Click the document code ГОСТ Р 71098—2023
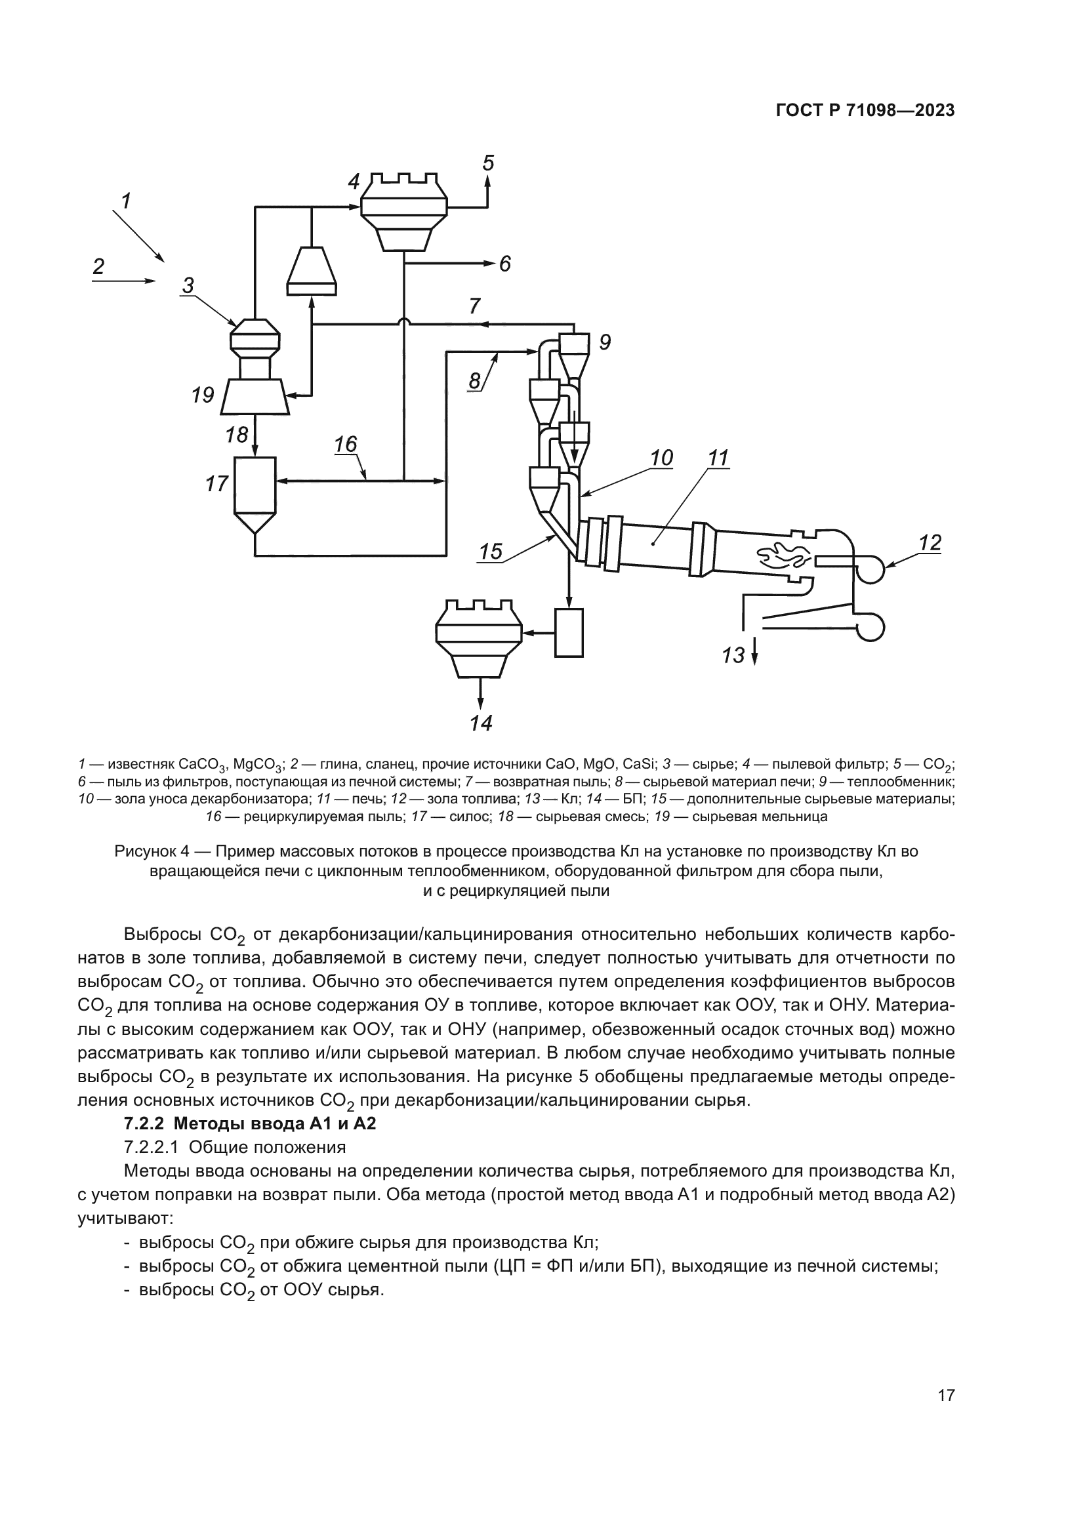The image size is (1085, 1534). [x=865, y=111]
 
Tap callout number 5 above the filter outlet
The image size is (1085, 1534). [x=489, y=163]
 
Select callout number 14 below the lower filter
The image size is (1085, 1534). [x=481, y=723]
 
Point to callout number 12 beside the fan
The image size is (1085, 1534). [x=930, y=542]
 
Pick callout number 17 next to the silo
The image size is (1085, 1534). [x=217, y=483]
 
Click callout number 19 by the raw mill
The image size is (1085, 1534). [x=203, y=395]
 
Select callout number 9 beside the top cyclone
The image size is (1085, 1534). [x=605, y=343]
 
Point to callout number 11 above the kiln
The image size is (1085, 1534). [x=718, y=458]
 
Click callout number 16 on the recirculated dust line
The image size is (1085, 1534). [x=346, y=444]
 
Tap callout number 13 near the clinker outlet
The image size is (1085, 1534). [x=733, y=655]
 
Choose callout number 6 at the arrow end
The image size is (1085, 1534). [x=505, y=264]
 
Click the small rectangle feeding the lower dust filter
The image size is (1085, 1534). [x=569, y=632]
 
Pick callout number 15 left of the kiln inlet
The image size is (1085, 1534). [x=491, y=551]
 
